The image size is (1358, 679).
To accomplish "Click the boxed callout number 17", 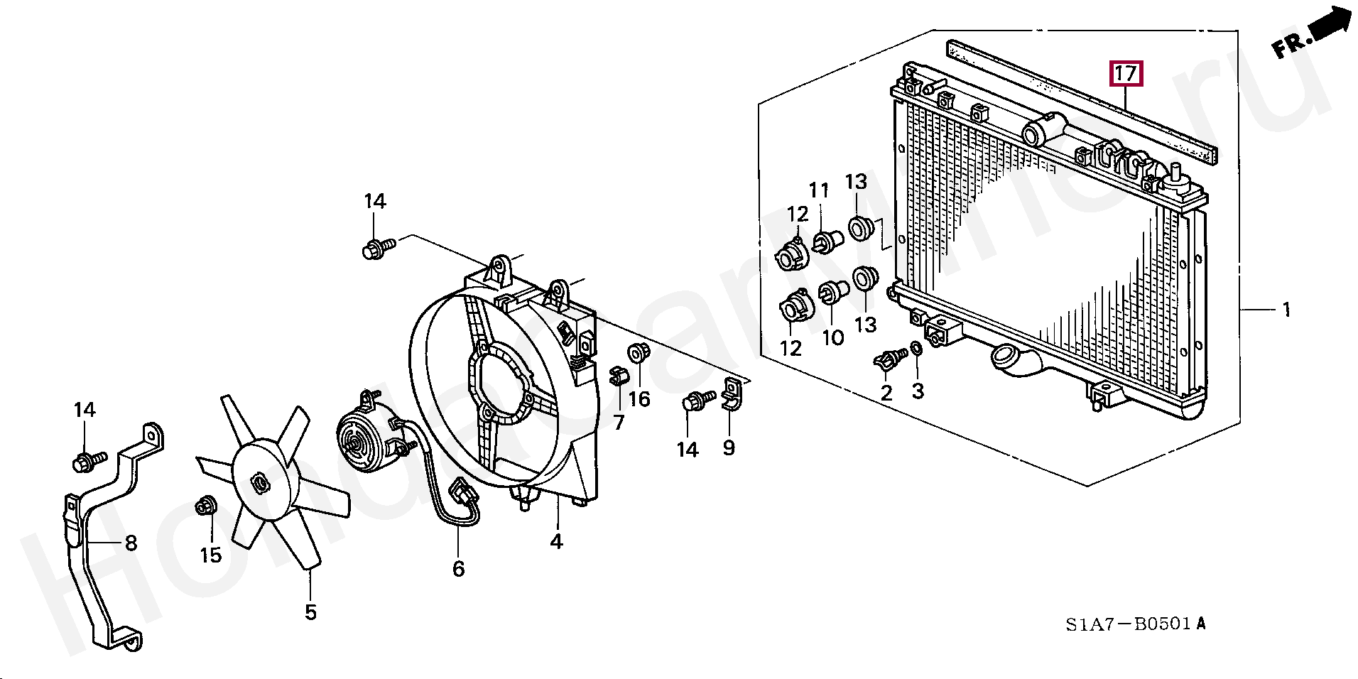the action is coord(1126,73).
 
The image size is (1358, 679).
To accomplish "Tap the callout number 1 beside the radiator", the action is coord(1286,310).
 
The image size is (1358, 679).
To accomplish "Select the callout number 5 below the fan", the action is coord(310,612).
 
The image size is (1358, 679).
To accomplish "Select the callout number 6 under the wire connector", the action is coord(459,569).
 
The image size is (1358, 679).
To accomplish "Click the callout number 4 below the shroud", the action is coord(556,541).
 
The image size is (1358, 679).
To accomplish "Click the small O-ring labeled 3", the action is coord(916,348).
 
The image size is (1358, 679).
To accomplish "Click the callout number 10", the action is coord(832,337).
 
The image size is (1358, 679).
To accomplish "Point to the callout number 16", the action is coord(639,398).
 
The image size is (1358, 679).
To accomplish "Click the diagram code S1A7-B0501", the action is coord(1128,624).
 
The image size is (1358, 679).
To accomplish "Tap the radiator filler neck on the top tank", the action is coord(1038,130).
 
